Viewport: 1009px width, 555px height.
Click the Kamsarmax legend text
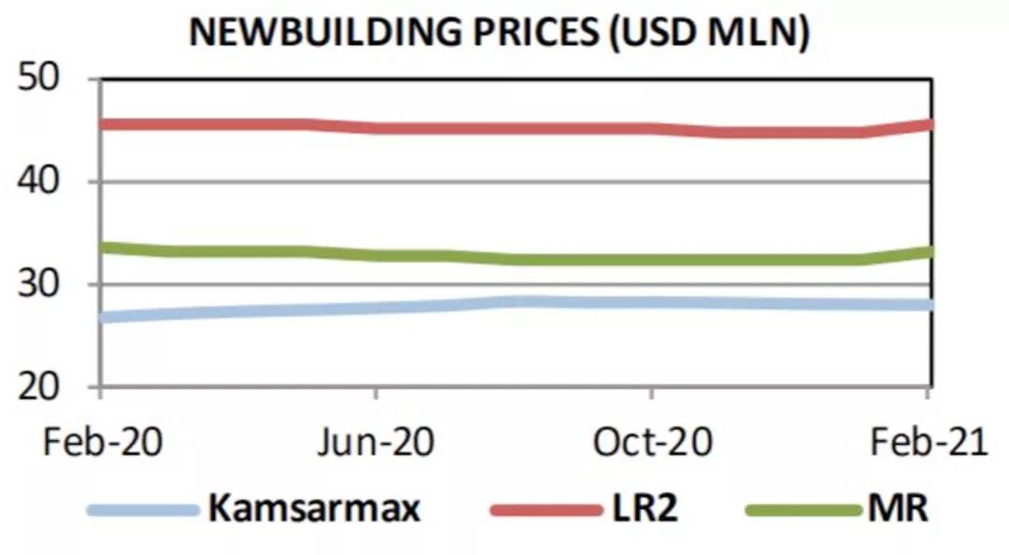pyautogui.click(x=314, y=509)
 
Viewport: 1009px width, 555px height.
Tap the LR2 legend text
pyautogui.click(x=645, y=509)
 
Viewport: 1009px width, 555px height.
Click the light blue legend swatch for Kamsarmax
pyautogui.click(x=143, y=510)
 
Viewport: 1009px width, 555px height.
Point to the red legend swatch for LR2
pyautogui.click(x=547, y=510)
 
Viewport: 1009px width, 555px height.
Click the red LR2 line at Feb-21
pyautogui.click(x=926, y=125)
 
